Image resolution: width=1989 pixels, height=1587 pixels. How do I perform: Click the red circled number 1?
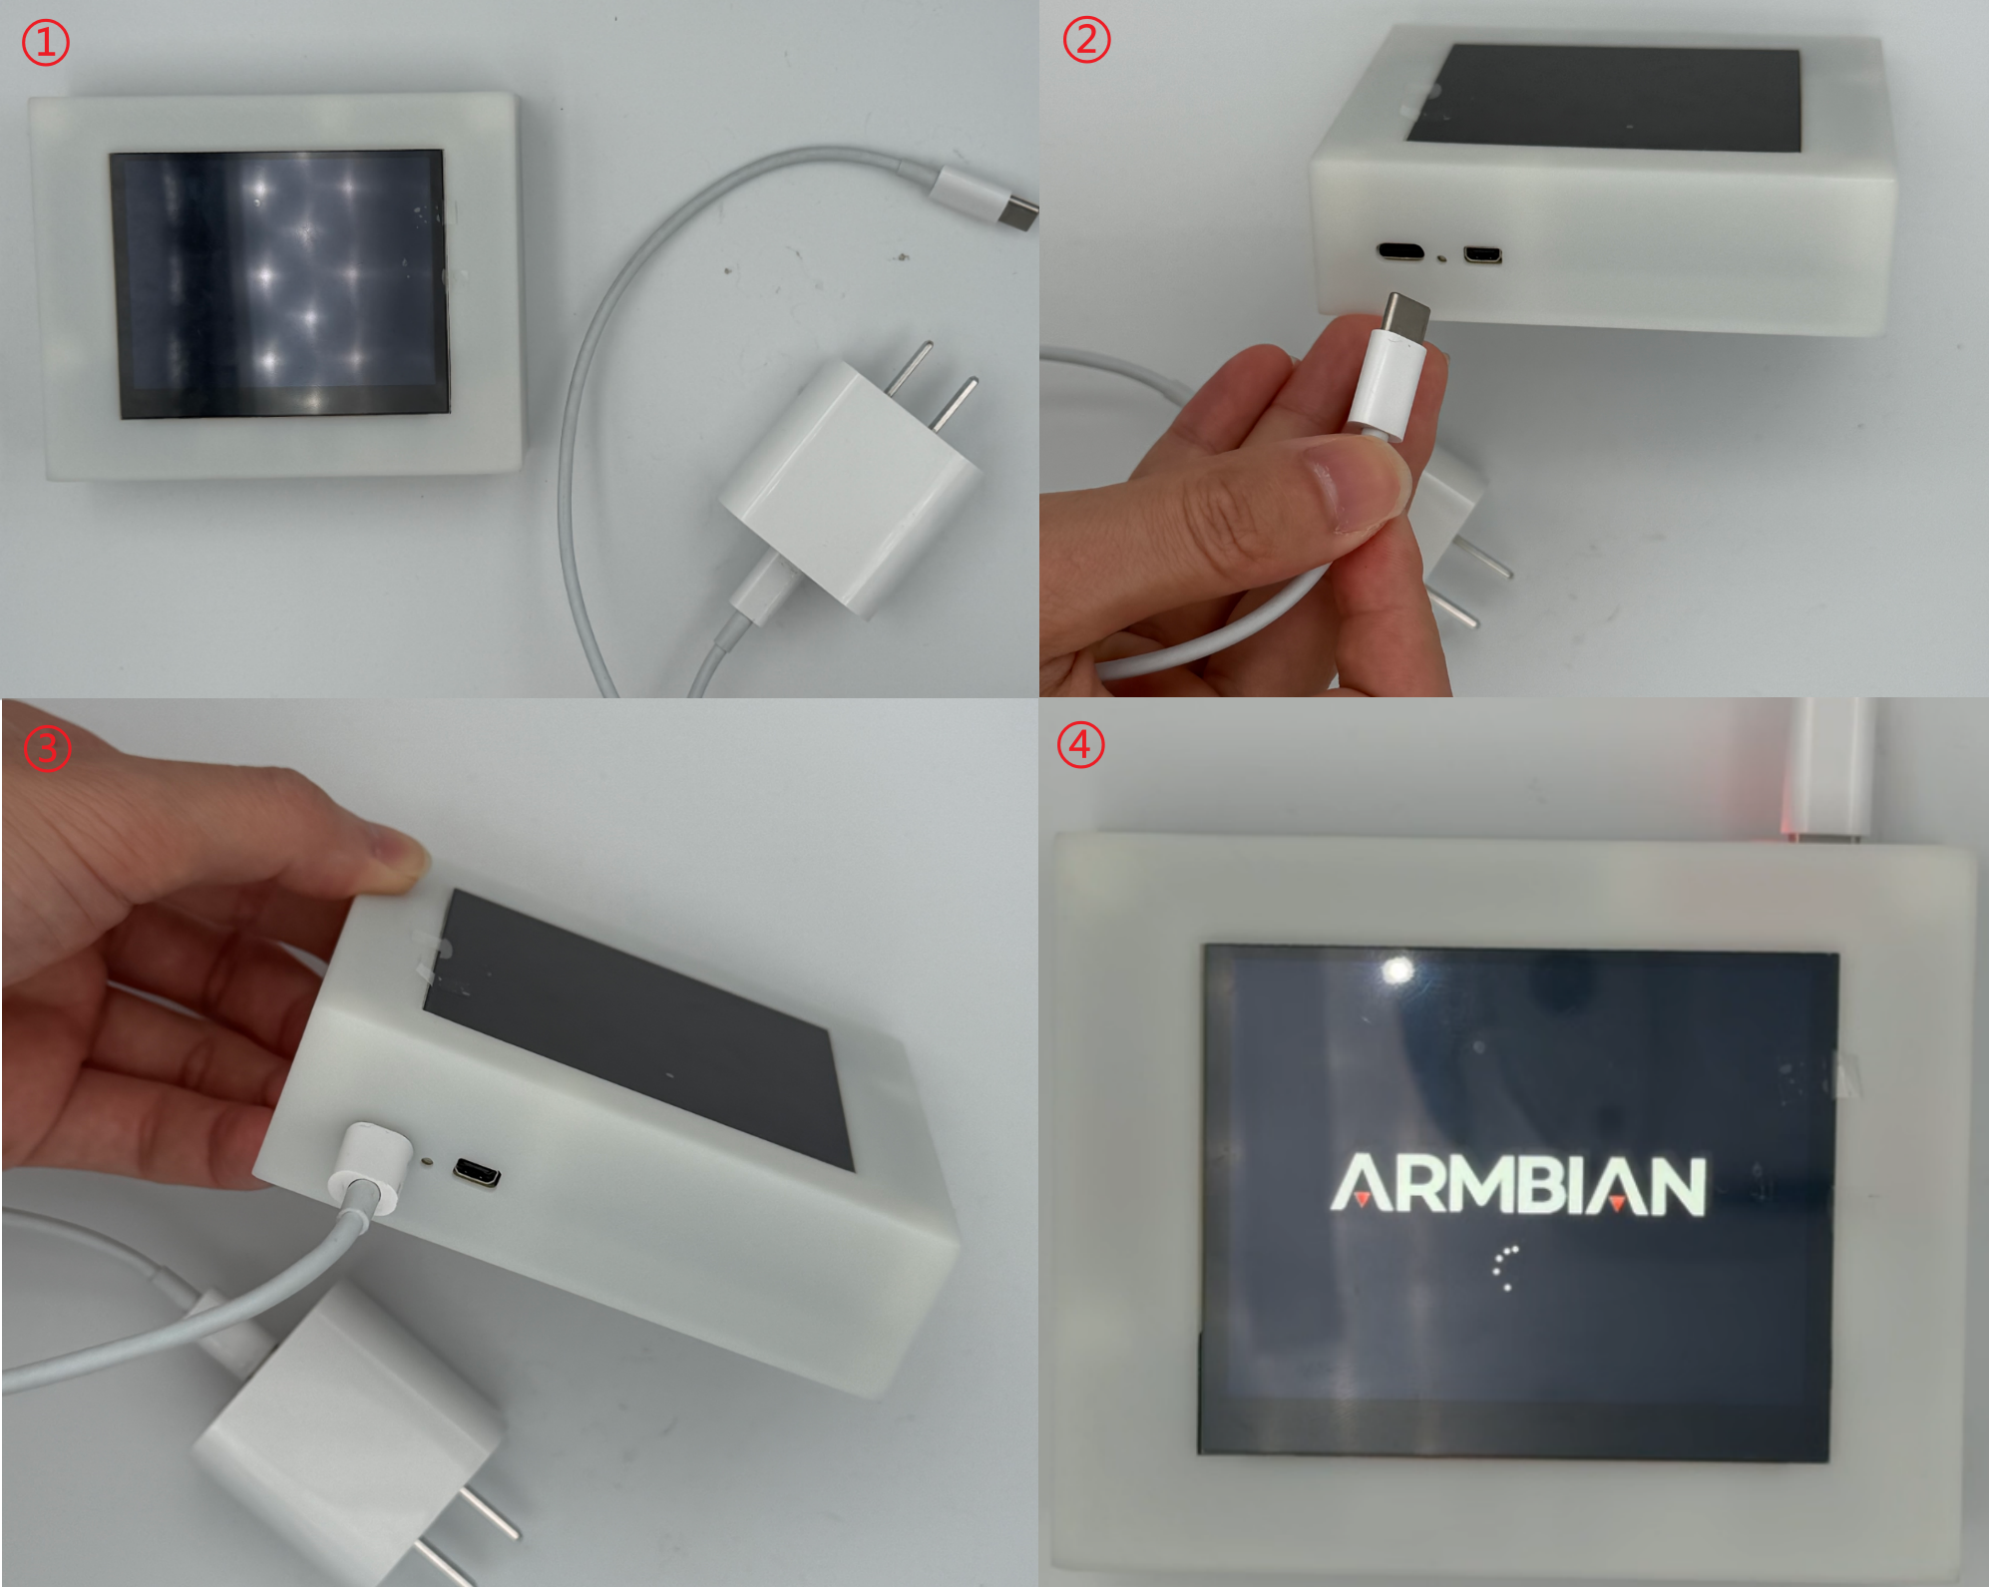point(46,44)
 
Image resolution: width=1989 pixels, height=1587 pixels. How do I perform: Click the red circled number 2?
point(1086,40)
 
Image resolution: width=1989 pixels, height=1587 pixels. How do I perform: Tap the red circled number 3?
point(47,748)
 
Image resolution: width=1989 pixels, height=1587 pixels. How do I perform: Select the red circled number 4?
point(1080,744)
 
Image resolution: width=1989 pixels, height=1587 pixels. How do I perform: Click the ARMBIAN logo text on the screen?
point(1518,1185)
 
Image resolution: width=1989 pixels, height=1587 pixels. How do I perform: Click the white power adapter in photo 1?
point(850,479)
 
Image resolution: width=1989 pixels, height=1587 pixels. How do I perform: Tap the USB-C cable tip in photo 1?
point(1018,214)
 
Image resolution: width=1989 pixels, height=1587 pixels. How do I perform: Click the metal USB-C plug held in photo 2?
point(1405,316)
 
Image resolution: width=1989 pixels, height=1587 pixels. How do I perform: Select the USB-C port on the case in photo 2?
point(1401,250)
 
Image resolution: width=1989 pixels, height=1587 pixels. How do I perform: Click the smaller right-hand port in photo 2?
point(1482,255)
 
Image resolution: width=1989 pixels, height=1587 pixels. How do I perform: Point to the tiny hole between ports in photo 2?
point(1443,258)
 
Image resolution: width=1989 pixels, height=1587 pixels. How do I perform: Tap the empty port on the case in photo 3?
point(477,1173)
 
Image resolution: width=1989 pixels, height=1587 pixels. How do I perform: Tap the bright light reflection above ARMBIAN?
point(1398,970)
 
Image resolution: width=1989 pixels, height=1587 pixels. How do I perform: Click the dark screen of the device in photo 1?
point(279,283)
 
